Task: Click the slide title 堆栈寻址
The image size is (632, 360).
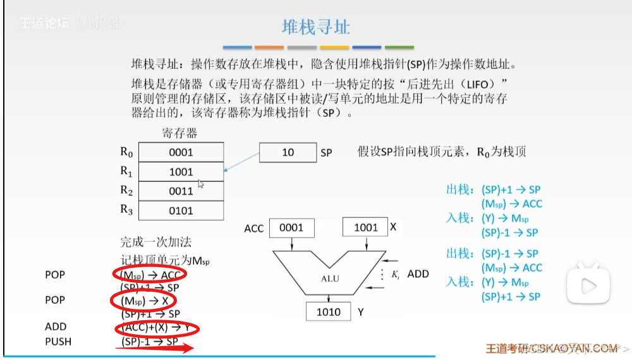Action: click(x=315, y=27)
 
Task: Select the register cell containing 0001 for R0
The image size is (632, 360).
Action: click(x=181, y=152)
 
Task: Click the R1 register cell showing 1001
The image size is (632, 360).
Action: click(x=181, y=172)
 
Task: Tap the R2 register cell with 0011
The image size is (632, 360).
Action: click(x=181, y=191)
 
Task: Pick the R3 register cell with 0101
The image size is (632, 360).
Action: click(x=181, y=211)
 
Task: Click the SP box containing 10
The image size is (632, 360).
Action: click(x=288, y=153)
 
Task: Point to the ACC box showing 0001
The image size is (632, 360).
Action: click(x=291, y=228)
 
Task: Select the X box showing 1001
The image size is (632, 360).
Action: click(x=365, y=228)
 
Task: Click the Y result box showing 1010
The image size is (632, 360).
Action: click(x=329, y=312)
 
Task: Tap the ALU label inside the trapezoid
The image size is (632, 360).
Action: click(x=328, y=277)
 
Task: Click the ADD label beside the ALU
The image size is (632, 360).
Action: click(x=418, y=274)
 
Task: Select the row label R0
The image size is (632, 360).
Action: click(x=127, y=152)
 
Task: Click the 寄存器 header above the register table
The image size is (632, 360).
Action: click(x=179, y=133)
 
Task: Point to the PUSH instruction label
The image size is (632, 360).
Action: click(x=58, y=342)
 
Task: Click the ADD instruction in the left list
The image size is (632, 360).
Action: click(x=56, y=327)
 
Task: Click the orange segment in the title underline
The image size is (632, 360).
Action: click(x=269, y=47)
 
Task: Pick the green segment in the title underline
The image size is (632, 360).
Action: click(x=399, y=47)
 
